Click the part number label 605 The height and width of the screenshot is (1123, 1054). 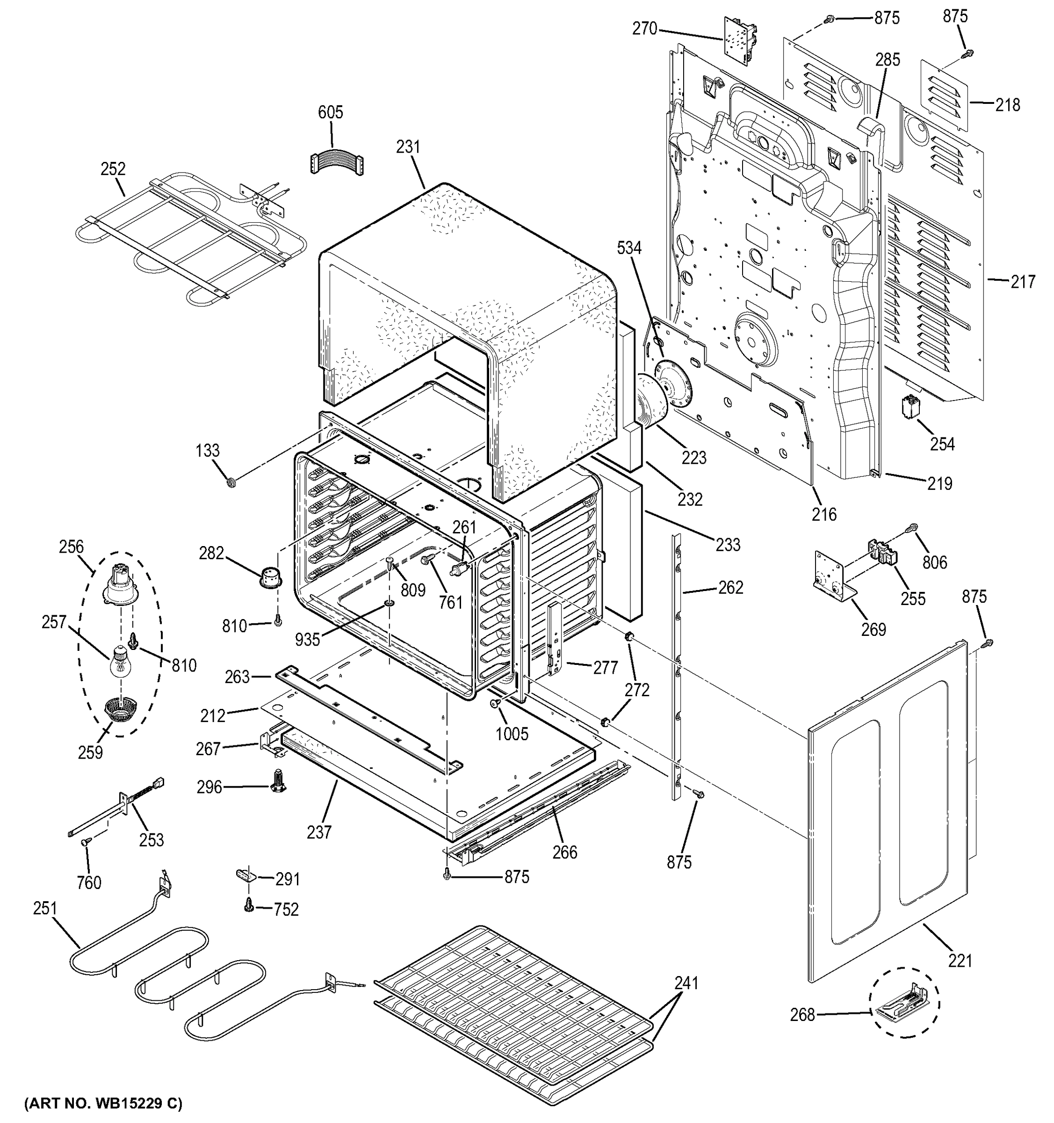pos(330,112)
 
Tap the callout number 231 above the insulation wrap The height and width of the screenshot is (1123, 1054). pos(408,147)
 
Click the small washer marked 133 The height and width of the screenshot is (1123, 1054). pos(231,483)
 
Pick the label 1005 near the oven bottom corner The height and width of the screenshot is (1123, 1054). pos(512,734)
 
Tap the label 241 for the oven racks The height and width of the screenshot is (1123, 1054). pos(686,984)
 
